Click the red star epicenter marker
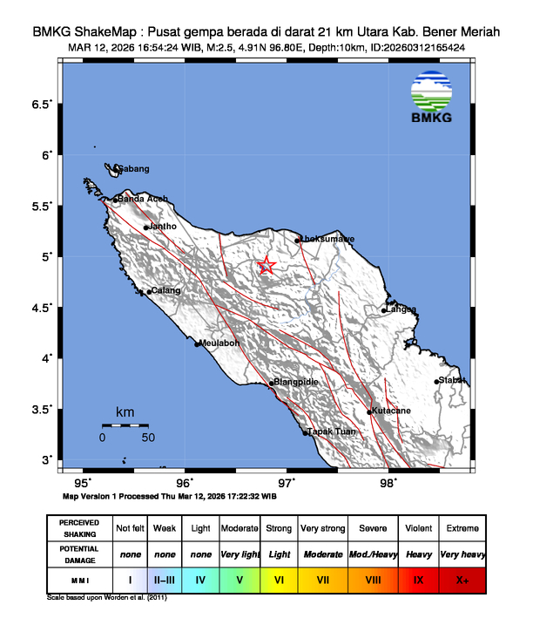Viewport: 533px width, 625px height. click(x=267, y=266)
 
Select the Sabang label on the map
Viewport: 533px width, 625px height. click(x=133, y=168)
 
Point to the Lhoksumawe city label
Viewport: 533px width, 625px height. click(x=327, y=238)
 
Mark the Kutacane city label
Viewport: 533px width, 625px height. click(x=392, y=411)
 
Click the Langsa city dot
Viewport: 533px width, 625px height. click(x=384, y=309)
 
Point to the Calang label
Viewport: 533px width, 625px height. click(x=165, y=290)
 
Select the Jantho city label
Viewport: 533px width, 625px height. click(x=164, y=227)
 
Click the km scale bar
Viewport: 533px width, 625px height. click(x=125, y=425)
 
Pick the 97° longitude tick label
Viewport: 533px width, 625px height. click(x=287, y=482)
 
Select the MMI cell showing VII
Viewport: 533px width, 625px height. click(x=322, y=578)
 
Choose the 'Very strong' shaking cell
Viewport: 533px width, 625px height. click(x=322, y=528)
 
